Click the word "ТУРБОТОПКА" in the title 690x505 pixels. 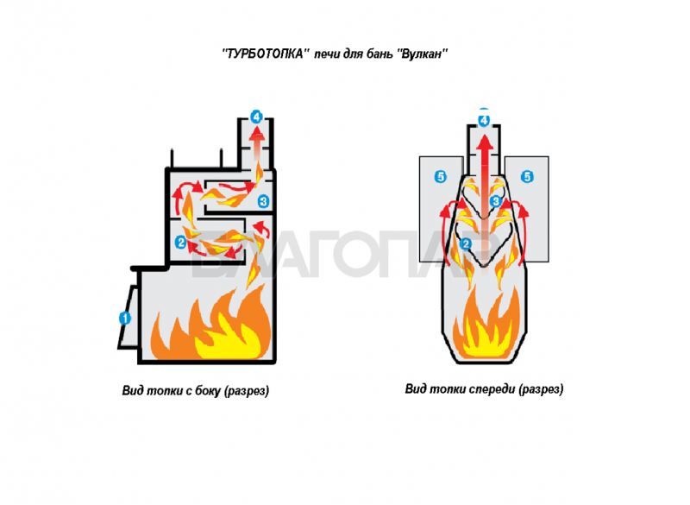coord(266,54)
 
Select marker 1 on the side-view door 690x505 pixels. coord(124,318)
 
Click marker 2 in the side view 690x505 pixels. coord(180,243)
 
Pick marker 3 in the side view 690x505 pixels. coord(264,202)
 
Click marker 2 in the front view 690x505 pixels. coord(466,244)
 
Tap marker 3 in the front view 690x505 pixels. coord(496,201)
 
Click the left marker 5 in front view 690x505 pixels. coord(441,177)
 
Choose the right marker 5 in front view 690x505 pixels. coord(528,177)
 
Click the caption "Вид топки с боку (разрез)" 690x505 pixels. coord(196,391)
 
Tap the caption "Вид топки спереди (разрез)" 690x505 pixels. coord(484,389)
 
